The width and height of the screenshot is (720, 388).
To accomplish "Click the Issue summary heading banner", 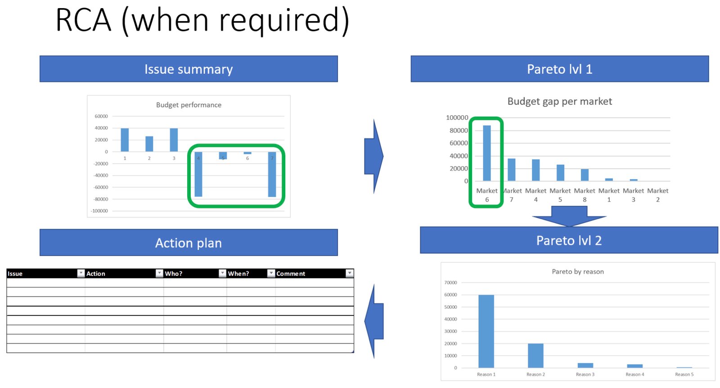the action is (x=189, y=69).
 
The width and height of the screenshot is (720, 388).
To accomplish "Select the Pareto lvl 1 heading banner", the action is (x=560, y=69).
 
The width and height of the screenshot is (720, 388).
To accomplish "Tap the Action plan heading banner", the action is (x=189, y=242).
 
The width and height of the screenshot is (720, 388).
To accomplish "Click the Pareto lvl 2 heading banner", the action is (x=569, y=240).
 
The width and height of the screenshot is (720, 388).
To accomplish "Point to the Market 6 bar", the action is (x=487, y=153).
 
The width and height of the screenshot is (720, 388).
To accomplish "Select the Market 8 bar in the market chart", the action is (x=585, y=175).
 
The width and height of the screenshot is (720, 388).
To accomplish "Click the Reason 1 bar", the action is (x=486, y=331).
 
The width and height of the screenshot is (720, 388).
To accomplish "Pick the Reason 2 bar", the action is (x=535, y=356).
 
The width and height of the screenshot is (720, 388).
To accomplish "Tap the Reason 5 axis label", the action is (x=684, y=374).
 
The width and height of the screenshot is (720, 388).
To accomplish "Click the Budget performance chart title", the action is (x=189, y=105).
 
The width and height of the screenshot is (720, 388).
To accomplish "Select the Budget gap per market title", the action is (x=560, y=101).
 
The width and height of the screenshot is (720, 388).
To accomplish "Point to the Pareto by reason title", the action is (x=578, y=271).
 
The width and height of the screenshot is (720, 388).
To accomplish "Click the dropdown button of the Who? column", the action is (x=222, y=273).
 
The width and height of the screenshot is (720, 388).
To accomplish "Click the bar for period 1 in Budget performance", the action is (x=125, y=140).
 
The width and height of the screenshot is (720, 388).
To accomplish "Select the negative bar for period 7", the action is (x=272, y=174).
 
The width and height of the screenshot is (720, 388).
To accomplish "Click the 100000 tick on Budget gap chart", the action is (x=457, y=117).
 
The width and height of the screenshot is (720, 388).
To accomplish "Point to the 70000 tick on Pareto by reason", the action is (x=450, y=283).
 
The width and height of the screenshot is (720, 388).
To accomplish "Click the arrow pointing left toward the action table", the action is (x=374, y=321).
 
